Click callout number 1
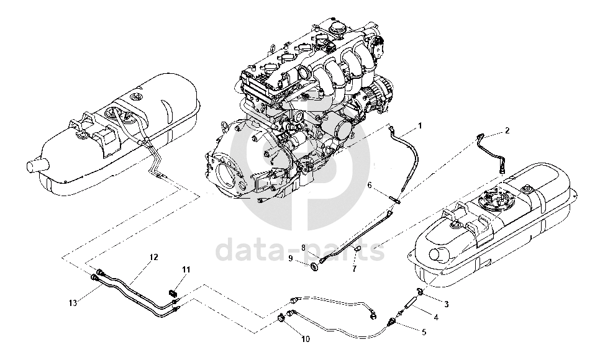(420, 125)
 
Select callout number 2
(507, 130)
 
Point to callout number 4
(436, 317)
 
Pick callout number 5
(424, 333)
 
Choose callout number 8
(304, 247)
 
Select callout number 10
(304, 339)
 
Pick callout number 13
(73, 303)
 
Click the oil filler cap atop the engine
(338, 29)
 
